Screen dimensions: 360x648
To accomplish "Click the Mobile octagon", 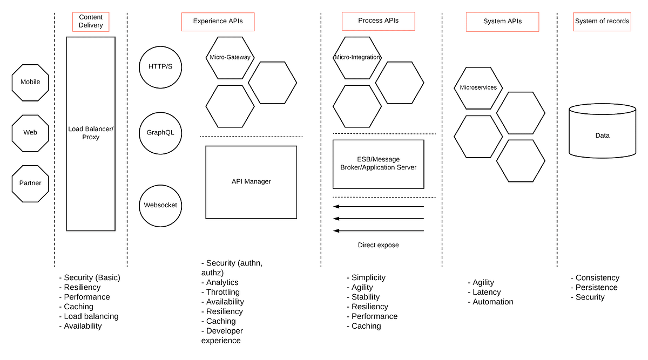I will tap(30, 82).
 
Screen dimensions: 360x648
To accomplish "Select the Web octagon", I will tap(30, 132).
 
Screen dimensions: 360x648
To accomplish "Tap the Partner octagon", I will tap(30, 183).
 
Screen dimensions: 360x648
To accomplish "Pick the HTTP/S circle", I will tap(160, 67).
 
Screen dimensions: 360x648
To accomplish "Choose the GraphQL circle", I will tap(160, 133).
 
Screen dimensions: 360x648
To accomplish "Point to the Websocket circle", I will tap(160, 205).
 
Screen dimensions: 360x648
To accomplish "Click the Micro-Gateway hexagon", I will tap(230, 57).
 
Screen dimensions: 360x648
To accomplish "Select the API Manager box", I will tap(251, 182).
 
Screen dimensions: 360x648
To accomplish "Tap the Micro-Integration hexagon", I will tap(357, 57).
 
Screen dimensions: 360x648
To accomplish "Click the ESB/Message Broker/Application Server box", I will tap(378, 164).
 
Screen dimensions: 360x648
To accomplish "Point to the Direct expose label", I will tap(378, 245).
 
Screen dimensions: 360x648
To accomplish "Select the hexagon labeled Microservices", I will tap(478, 87).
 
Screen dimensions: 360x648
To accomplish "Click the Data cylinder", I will tap(602, 135).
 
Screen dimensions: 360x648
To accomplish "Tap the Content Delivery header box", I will tap(91, 22).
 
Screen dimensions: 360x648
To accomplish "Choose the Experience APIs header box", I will tap(218, 22).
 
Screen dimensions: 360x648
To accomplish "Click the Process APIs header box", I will tap(378, 21).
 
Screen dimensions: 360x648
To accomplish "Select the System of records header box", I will tap(602, 22).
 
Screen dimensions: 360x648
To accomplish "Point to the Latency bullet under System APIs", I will tap(487, 292).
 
